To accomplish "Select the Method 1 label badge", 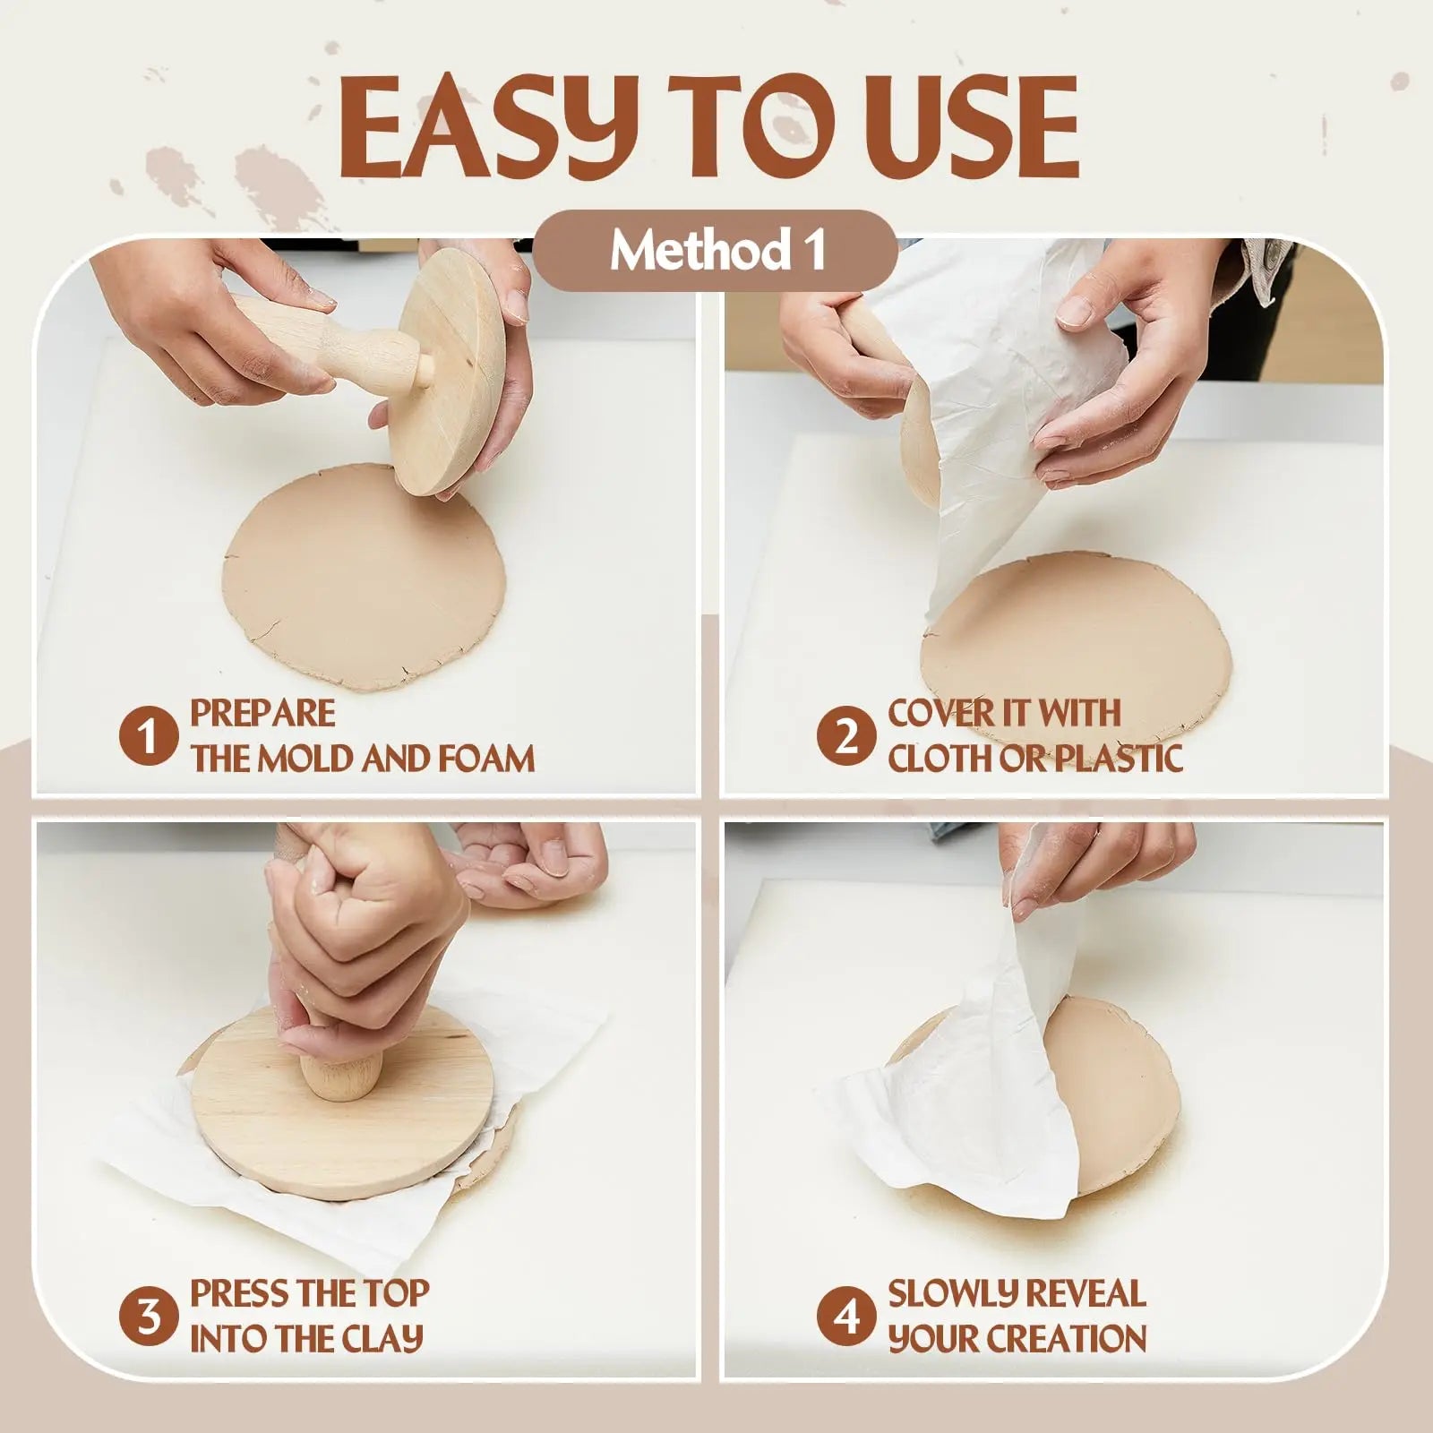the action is (717, 251).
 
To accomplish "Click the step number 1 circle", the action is (149, 736).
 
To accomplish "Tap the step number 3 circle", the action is (149, 1317).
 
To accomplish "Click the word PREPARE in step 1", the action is (262, 713).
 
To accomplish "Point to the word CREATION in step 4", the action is (1067, 1339).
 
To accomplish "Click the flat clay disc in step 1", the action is (358, 587).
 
